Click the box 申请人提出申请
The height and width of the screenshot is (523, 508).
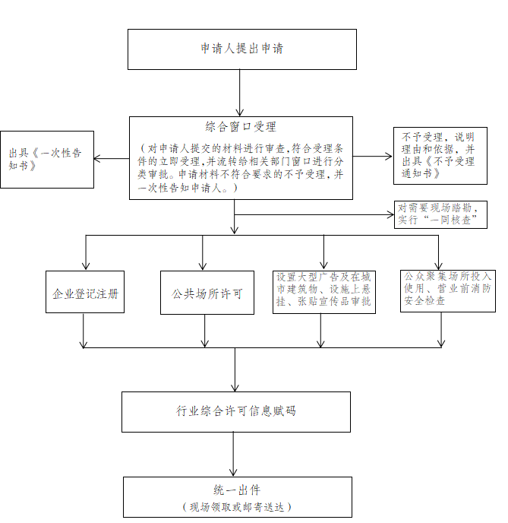tap(242, 49)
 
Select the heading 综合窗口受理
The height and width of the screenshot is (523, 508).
tap(241, 127)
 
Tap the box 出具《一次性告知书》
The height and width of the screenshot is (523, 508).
tap(47, 160)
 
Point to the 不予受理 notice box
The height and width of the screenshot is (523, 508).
tap(440, 156)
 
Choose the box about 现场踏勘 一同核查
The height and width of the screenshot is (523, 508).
tap(440, 215)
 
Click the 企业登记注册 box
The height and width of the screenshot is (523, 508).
tap(85, 292)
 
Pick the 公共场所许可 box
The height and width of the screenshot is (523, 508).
tap(207, 293)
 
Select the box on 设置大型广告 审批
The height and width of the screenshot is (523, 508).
tap(324, 292)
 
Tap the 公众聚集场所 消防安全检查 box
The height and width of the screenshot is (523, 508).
tap(448, 291)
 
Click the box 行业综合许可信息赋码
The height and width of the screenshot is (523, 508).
tap(236, 412)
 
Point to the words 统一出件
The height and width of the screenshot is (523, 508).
tap(237, 490)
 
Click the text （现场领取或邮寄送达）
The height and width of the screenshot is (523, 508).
tap(237, 507)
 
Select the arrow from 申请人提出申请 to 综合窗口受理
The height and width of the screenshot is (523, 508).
tap(239, 93)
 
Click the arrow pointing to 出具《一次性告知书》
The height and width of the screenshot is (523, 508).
tap(112, 158)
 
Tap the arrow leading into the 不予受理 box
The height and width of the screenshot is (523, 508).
tap(373, 156)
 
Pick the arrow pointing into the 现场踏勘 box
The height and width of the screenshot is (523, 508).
tap(314, 215)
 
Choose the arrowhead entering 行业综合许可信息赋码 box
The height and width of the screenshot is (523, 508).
tap(235, 387)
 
